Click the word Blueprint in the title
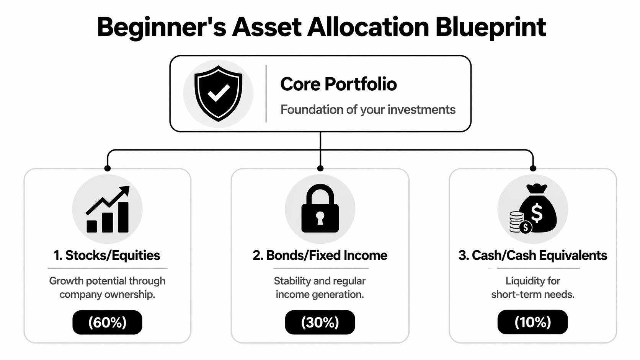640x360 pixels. point(490,28)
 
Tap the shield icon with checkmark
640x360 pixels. point(218,93)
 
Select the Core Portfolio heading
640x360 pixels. point(338,84)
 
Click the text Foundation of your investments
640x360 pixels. point(367,110)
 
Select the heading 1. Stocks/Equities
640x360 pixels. point(107,255)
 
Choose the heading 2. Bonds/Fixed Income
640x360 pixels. point(320,255)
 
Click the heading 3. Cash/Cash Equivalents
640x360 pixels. point(532,255)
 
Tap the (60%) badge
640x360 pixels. point(107,322)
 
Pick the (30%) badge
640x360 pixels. point(320,322)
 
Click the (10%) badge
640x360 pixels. point(532,322)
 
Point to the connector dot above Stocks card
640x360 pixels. point(108,168)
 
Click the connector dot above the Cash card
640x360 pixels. point(533,168)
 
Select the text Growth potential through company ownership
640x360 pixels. point(107,287)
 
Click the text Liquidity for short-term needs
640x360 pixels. point(532,287)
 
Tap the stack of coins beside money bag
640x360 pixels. point(516,222)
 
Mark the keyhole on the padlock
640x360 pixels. point(320,218)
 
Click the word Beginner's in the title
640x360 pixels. point(161,28)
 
